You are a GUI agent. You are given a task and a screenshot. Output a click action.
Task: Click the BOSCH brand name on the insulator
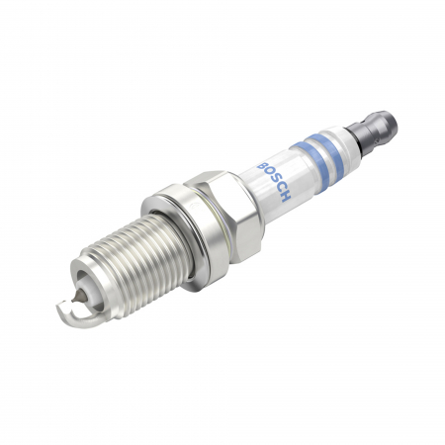pos(273,179)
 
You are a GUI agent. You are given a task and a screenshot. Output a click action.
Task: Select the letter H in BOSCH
pos(285,197)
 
